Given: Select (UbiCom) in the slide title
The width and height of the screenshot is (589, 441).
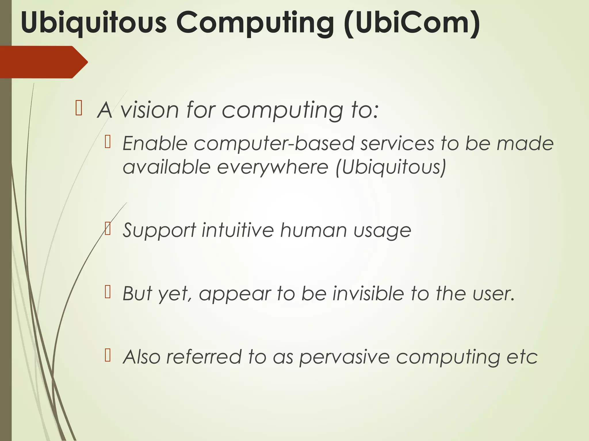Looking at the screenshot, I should [412, 23].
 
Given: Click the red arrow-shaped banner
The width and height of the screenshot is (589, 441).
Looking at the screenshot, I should [43, 62].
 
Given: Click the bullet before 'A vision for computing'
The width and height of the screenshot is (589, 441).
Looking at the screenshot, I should [79, 108].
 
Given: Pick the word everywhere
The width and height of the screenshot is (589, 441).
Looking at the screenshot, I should [272, 167].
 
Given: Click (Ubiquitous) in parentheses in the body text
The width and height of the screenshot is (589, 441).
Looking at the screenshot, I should [391, 167].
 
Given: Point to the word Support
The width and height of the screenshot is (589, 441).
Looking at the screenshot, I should [159, 231].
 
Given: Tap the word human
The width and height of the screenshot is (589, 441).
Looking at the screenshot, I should [313, 230].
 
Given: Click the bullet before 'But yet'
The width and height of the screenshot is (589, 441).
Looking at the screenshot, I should [108, 292].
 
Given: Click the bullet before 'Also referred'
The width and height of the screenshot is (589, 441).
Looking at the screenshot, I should [108, 355].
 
